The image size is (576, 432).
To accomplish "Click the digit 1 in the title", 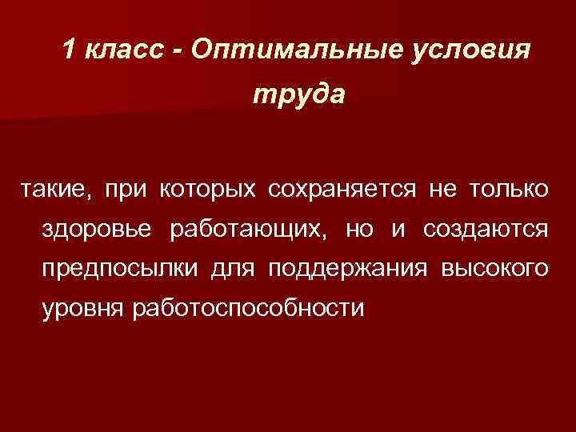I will (x=70, y=50).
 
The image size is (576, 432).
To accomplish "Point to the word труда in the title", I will (x=299, y=95).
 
